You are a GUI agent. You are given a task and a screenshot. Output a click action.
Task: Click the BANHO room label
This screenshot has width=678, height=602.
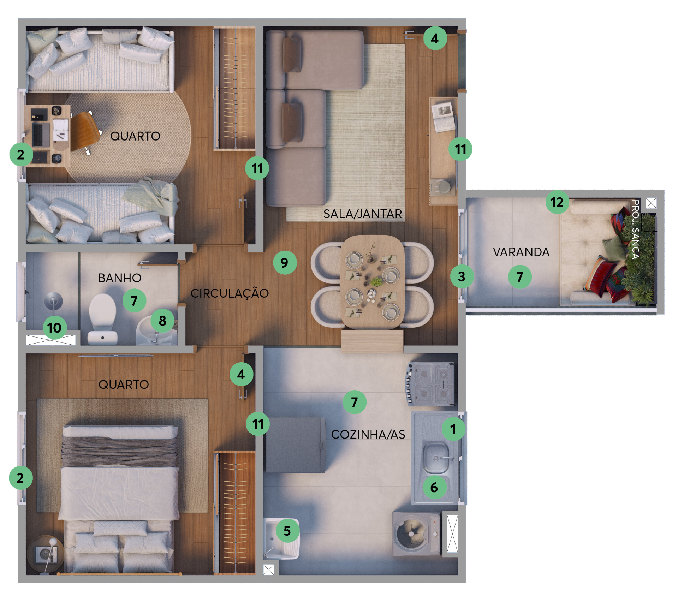(120, 278)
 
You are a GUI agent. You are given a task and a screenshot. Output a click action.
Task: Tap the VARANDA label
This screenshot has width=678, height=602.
(521, 252)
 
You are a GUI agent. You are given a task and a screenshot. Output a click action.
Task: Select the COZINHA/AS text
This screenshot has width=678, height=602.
(368, 435)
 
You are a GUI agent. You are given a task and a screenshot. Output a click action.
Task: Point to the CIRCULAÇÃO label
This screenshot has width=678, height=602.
(230, 293)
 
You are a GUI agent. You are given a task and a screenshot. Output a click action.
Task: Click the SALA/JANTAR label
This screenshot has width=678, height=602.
(363, 214)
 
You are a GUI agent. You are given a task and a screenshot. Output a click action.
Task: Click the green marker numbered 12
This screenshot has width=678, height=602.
(557, 202)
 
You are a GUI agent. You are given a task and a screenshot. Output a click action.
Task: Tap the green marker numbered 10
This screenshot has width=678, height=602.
(54, 328)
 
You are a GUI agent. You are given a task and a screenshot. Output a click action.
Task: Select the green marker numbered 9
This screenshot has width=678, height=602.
(285, 263)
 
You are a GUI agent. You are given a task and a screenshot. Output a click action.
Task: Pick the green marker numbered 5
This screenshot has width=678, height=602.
(287, 531)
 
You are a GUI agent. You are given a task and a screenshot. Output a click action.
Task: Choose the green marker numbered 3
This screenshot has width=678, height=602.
(462, 276)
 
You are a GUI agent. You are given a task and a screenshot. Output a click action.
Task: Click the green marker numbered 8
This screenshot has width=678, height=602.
(162, 321)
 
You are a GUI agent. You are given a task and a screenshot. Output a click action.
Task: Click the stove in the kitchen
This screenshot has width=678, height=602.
(431, 384)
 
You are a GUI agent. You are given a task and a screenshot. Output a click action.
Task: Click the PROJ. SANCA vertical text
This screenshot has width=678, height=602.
(635, 230)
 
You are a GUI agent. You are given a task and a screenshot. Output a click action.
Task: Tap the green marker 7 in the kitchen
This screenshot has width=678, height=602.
(355, 402)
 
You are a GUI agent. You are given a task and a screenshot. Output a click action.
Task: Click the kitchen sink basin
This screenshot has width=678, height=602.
(436, 458)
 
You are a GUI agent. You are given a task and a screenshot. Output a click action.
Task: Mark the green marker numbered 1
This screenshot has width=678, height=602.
(453, 429)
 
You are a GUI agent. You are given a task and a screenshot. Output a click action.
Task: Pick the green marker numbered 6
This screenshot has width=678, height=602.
(434, 488)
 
